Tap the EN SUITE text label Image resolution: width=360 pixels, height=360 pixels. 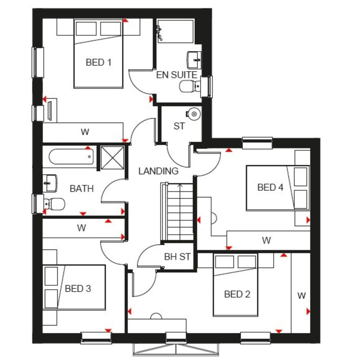coord(176,75)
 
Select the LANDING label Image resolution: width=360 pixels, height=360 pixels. coord(158,171)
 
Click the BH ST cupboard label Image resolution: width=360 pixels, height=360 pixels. coord(177,257)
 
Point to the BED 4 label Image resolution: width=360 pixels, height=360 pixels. coord(270,187)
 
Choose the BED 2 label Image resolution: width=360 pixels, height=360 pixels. coord(237,294)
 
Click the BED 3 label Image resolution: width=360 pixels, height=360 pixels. coord(78,289)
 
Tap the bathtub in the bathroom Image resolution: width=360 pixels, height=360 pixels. coord(71,157)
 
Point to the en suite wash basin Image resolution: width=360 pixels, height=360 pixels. coord(194,60)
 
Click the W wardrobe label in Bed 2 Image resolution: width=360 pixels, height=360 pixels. coord(301,296)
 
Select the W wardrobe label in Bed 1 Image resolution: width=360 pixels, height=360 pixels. coord(84,132)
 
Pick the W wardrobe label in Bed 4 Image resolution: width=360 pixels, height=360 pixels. coord(266,241)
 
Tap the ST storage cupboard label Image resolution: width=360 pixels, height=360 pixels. coord(179,126)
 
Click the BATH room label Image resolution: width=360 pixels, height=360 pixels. coord(82,189)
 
